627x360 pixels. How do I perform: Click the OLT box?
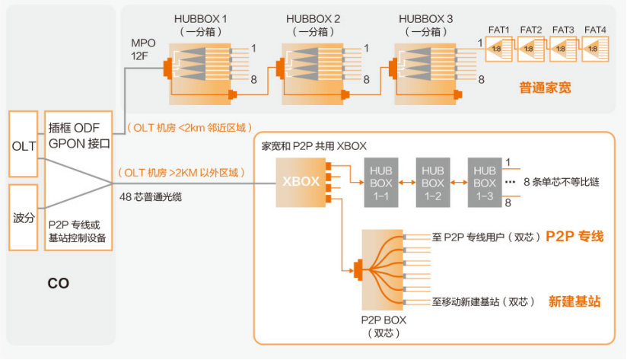click(23, 145)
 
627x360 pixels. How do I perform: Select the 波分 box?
click(23, 217)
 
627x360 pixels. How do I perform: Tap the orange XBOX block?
click(301, 183)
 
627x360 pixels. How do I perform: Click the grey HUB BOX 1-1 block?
click(380, 183)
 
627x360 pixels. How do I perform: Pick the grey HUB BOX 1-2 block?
click(432, 183)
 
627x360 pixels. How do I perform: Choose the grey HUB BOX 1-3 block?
click(484, 183)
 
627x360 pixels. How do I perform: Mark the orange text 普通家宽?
click(545, 88)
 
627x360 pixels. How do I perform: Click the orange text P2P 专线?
click(574, 237)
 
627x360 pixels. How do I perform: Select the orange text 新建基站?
click(574, 302)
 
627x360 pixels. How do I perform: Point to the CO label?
click(58, 283)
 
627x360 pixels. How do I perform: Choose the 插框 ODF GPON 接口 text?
click(79, 135)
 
